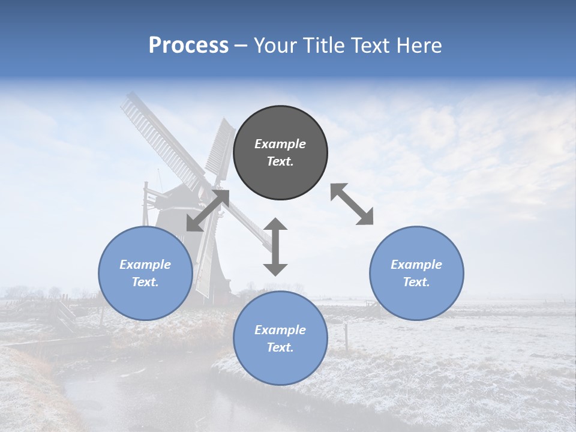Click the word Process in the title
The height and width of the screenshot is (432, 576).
pyautogui.click(x=188, y=46)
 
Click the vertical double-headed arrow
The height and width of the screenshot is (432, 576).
pyautogui.click(x=275, y=247)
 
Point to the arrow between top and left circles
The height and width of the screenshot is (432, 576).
pyautogui.click(x=208, y=210)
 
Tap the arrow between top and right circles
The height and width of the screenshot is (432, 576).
pyautogui.click(x=352, y=204)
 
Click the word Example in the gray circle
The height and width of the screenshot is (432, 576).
pyautogui.click(x=280, y=144)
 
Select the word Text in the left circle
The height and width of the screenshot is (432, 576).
pyautogui.click(x=145, y=282)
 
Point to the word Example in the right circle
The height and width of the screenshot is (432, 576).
pyautogui.click(x=416, y=265)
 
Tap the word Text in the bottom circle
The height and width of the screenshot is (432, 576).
pyautogui.click(x=280, y=347)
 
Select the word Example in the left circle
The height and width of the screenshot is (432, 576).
pyautogui.click(x=145, y=265)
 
